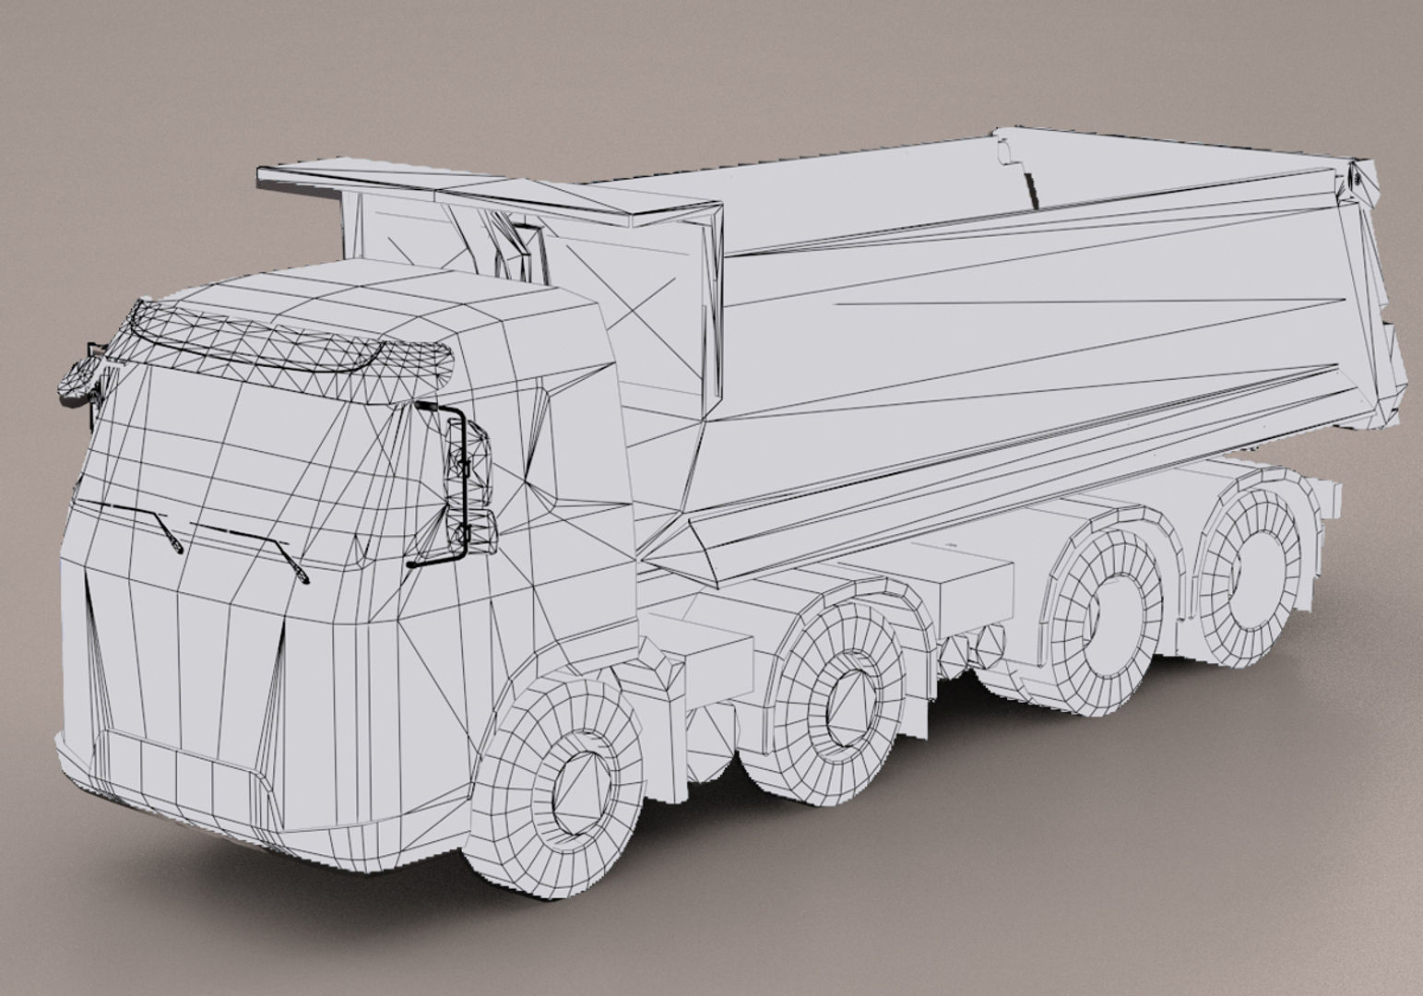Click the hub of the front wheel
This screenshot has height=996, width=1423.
(x=579, y=791)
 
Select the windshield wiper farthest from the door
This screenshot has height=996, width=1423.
(x=138, y=522)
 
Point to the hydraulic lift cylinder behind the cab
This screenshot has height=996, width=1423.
(x=512, y=244)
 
